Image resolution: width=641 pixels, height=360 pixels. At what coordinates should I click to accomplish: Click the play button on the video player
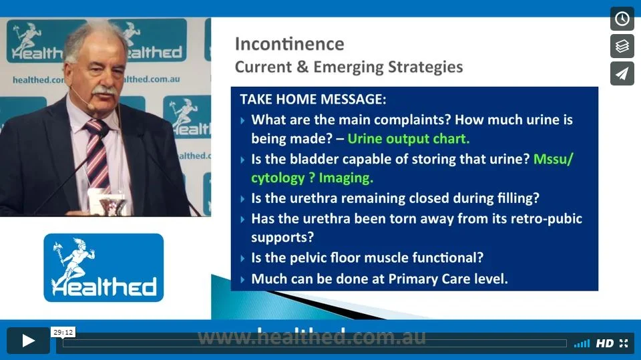pos(28,341)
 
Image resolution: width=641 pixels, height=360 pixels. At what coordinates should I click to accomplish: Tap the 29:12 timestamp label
pos(63,332)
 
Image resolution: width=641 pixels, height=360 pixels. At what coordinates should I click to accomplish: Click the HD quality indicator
pos(605,343)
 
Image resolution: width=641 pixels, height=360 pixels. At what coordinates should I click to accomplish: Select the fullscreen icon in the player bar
pos(624,343)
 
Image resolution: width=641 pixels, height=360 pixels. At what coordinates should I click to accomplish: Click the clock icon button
pos(622,19)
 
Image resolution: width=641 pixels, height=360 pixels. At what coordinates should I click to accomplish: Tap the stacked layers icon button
pos(622,46)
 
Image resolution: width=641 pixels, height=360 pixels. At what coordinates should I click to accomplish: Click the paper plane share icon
pos(622,73)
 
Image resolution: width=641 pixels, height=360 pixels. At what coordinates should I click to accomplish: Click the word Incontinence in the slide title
pos(289,44)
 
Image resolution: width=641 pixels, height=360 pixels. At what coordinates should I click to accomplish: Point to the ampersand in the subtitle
pos(302,67)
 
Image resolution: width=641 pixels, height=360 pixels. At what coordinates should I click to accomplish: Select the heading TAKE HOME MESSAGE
pos(312,99)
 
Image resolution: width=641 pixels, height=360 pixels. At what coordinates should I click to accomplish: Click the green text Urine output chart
pos(409,139)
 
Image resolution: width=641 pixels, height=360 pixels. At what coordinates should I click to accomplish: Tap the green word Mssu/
pos(554,159)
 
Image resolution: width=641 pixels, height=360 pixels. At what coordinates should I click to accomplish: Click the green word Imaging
pos(346,178)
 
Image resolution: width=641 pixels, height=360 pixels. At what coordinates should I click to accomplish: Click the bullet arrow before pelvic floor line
pos(242,258)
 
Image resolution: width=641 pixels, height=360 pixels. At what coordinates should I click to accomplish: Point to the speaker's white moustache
pos(105,91)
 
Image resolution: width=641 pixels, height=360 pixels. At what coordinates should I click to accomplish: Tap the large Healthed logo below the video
pos(103,268)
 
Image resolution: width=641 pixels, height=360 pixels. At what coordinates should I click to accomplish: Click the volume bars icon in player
pos(582,343)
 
